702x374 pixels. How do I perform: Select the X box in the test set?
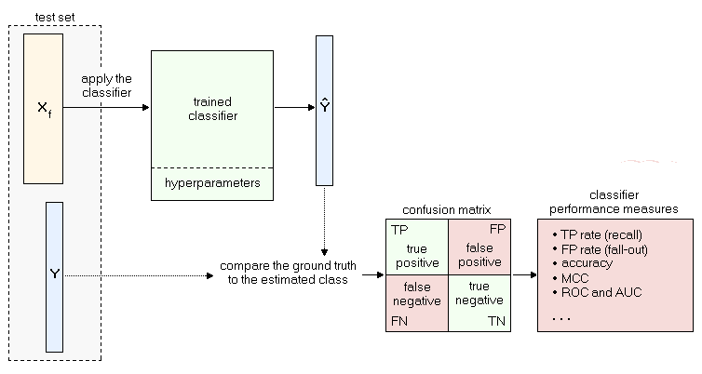tap(43, 109)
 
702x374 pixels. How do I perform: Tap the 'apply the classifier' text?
tap(106, 87)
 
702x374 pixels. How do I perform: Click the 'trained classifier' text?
tap(212, 109)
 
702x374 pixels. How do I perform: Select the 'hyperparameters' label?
tap(212, 183)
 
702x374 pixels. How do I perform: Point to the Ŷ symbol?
tap(324, 107)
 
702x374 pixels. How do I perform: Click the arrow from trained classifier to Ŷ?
tap(293, 107)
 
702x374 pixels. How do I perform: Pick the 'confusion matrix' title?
tap(447, 209)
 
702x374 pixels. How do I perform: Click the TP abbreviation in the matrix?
tap(399, 230)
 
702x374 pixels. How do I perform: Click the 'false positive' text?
tap(479, 254)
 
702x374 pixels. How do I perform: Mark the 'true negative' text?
tap(479, 293)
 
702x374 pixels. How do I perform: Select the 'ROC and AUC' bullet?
tap(601, 292)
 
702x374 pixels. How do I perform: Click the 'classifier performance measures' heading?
tap(614, 203)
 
